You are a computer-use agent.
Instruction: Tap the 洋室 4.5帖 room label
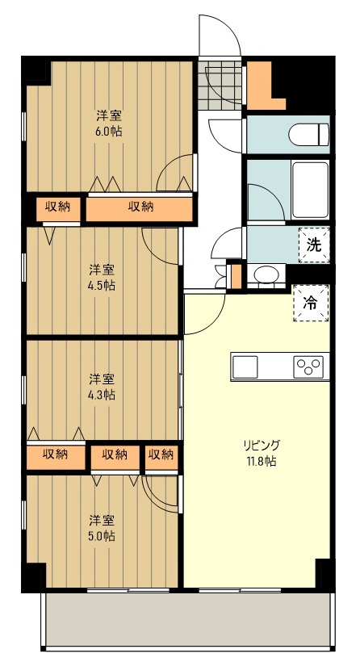[x=102, y=277]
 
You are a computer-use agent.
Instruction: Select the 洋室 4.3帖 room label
[x=102, y=387]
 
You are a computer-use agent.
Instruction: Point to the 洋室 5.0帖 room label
[x=102, y=527]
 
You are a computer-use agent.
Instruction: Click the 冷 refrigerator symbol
[x=311, y=303]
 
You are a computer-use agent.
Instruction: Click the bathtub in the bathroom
[x=308, y=191]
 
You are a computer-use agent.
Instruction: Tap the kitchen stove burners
[x=309, y=367]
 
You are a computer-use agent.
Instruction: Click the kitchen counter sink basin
[x=245, y=367]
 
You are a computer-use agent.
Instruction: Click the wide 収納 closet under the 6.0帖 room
[x=140, y=207]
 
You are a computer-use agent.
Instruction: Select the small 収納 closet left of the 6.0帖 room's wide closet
[x=57, y=207]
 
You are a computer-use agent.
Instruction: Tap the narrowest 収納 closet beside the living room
[x=161, y=454]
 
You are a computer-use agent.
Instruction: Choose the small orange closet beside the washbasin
[x=236, y=275]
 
